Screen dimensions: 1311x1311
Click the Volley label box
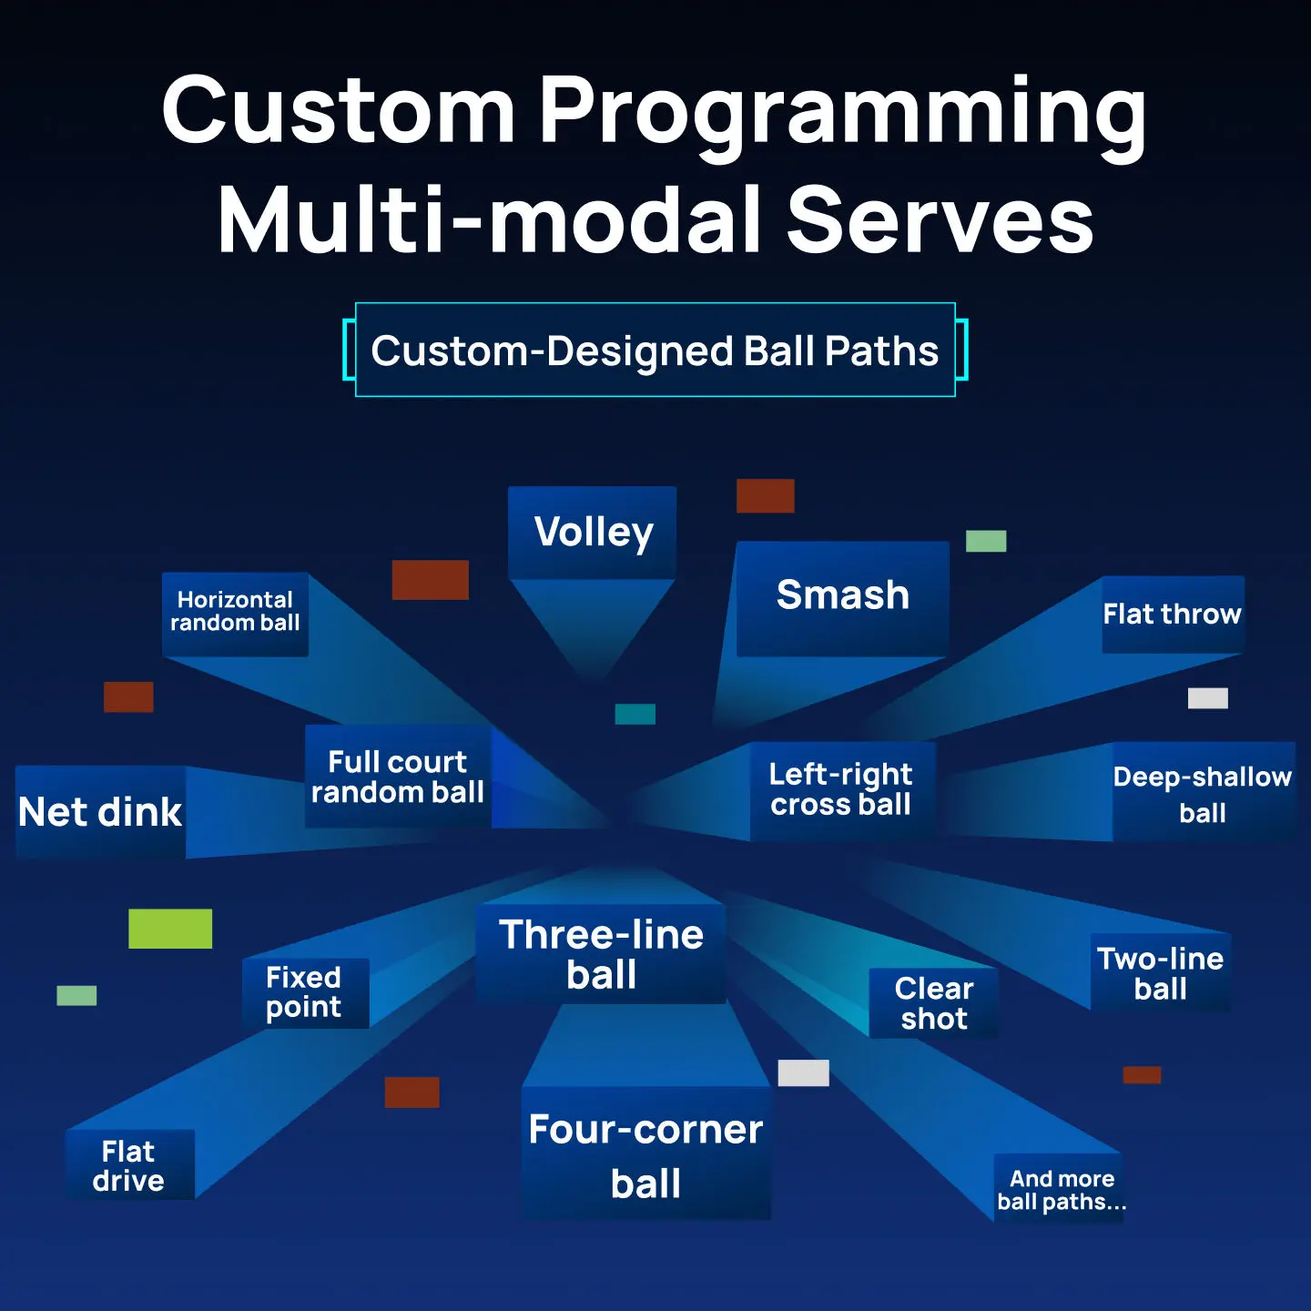click(x=592, y=532)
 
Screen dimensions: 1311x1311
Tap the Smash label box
click(x=842, y=599)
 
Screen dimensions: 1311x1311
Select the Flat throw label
click(x=1173, y=615)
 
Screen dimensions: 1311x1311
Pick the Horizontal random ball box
click(x=235, y=615)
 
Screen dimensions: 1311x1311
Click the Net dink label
click(x=100, y=811)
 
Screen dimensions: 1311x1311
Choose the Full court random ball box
click(x=398, y=777)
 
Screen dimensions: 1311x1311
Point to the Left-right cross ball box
click(x=842, y=790)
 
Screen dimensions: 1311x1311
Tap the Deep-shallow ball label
click(x=1204, y=792)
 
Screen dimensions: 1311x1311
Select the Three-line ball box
click(x=601, y=953)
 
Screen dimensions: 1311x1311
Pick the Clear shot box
click(x=933, y=1002)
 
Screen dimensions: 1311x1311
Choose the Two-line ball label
click(x=1161, y=973)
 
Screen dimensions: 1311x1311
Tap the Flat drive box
click(x=130, y=1164)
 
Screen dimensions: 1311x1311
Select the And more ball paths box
click(x=1059, y=1189)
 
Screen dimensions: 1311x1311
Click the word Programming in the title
click(x=843, y=112)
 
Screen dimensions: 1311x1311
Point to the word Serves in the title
click(x=940, y=220)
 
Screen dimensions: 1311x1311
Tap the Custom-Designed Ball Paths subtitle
click(x=655, y=351)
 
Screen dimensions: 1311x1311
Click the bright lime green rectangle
click(x=170, y=929)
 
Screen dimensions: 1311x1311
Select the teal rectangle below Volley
click(x=635, y=714)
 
